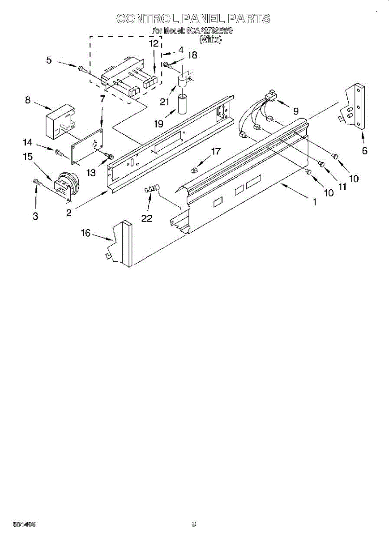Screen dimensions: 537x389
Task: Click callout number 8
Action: click(28, 101)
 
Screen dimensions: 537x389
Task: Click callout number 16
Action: click(85, 233)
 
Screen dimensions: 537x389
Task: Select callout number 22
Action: click(146, 218)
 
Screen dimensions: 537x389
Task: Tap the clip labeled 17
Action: click(194, 170)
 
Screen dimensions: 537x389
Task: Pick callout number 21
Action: click(164, 102)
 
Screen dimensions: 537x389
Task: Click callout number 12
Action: click(154, 43)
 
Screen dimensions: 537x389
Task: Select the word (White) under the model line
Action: click(210, 40)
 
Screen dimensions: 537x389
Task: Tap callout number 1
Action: click(315, 202)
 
